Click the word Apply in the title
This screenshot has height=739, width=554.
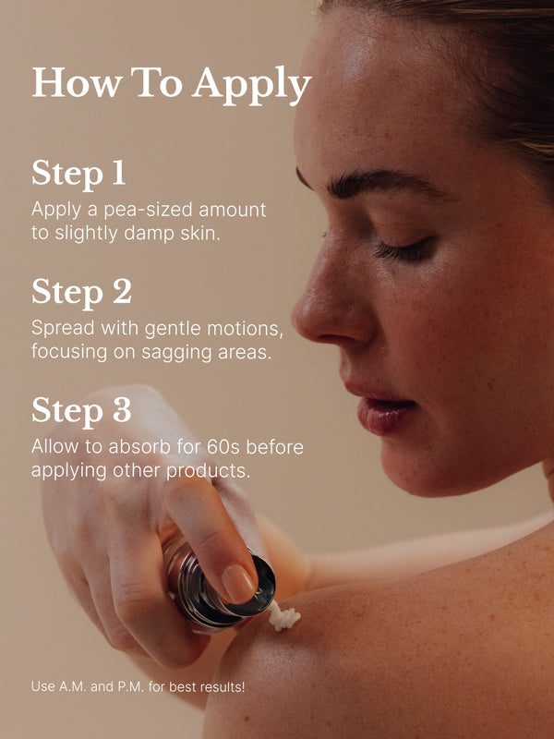(x=251, y=84)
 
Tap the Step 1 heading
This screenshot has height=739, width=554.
(x=78, y=174)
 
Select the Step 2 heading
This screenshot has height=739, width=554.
(x=81, y=292)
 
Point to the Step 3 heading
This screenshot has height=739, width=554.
(x=81, y=410)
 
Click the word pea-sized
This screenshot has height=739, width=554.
(x=149, y=211)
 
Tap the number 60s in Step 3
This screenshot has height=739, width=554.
(x=223, y=447)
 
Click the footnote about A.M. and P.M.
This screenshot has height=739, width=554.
(x=138, y=686)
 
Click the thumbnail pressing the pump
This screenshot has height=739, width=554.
(x=239, y=584)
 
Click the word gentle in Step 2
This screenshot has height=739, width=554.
(x=174, y=330)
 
